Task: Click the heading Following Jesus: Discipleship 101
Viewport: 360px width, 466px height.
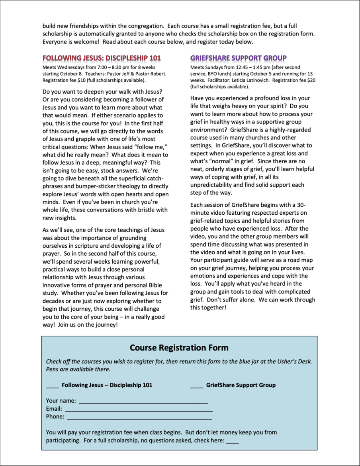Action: tap(102, 58)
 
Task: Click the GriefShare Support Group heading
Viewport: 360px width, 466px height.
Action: tap(239, 58)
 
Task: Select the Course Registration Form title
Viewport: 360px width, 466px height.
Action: tap(179, 348)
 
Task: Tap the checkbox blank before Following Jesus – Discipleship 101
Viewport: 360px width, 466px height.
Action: tap(52, 386)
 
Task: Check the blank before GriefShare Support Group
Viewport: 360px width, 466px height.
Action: tap(196, 386)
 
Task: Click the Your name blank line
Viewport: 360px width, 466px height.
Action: tap(143, 401)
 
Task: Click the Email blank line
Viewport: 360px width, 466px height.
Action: tap(139, 409)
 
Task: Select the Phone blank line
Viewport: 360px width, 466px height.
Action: tap(139, 417)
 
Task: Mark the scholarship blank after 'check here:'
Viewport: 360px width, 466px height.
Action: tap(233, 441)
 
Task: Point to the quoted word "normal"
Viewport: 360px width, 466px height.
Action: tap(224, 161)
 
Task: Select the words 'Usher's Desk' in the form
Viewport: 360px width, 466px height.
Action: tap(295, 362)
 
